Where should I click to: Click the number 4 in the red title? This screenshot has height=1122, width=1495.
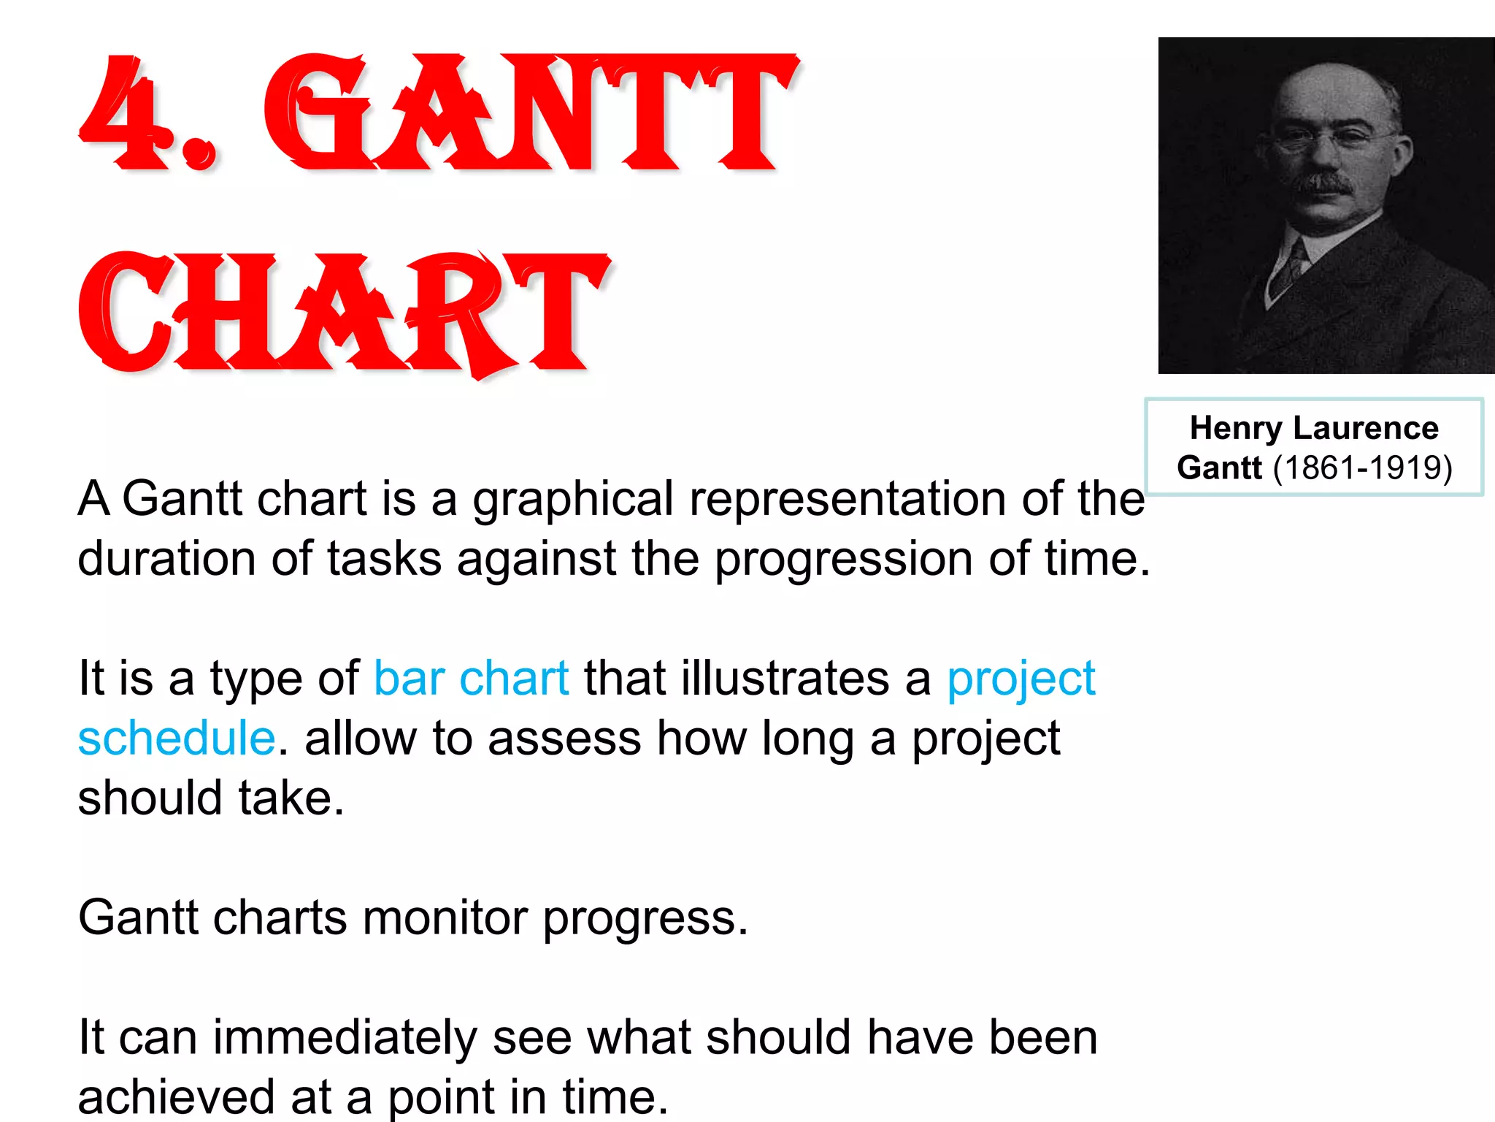(x=120, y=113)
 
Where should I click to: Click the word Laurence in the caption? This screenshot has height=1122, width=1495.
(x=1365, y=428)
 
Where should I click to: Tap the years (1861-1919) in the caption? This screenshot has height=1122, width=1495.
(x=1362, y=467)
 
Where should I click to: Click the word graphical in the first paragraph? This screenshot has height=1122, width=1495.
(x=573, y=500)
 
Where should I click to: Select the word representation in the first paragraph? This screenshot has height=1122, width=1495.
(x=847, y=500)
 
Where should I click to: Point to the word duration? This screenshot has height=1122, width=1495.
(x=166, y=560)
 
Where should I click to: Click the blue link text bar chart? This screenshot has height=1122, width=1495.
(x=471, y=679)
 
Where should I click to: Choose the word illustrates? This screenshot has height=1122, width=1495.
(x=785, y=679)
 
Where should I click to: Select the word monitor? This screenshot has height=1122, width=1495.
(x=445, y=917)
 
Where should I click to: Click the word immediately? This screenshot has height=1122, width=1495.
(x=345, y=1037)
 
